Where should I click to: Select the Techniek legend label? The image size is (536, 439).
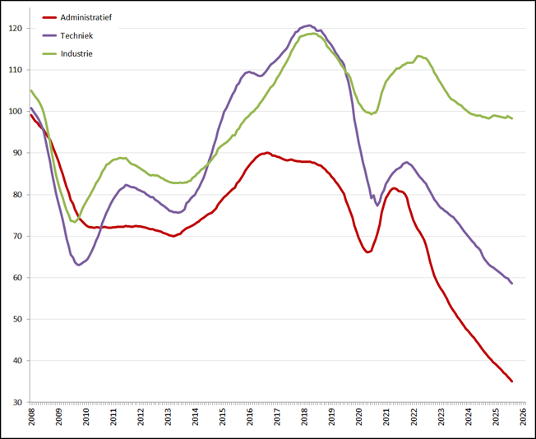coord(77,35)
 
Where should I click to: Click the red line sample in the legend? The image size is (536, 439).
coord(49,17)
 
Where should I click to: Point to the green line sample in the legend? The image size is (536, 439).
coord(49,53)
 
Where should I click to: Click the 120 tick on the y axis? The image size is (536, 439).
coord(17,28)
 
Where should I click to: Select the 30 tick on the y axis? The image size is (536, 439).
coord(19,403)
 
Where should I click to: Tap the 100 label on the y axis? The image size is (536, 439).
coord(17,111)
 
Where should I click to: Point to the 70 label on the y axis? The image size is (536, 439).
coord(19,236)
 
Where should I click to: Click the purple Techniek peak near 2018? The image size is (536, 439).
coord(309,25)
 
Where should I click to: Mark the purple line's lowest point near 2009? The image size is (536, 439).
coord(79,265)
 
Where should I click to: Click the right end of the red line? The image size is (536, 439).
coord(512,381)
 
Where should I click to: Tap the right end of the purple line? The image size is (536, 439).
coord(512,284)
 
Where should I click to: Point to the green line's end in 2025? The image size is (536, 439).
coord(512,118)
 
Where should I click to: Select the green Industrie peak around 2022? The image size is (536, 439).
coord(419,56)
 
